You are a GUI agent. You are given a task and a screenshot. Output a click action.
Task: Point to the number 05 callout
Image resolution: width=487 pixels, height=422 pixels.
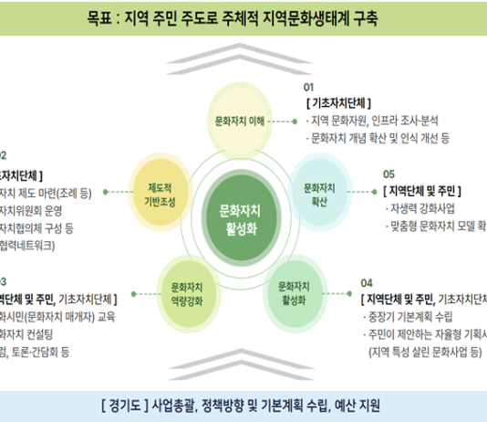click(x=389, y=173)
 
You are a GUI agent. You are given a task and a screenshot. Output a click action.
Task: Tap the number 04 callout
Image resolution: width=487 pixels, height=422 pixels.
click(x=366, y=282)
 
